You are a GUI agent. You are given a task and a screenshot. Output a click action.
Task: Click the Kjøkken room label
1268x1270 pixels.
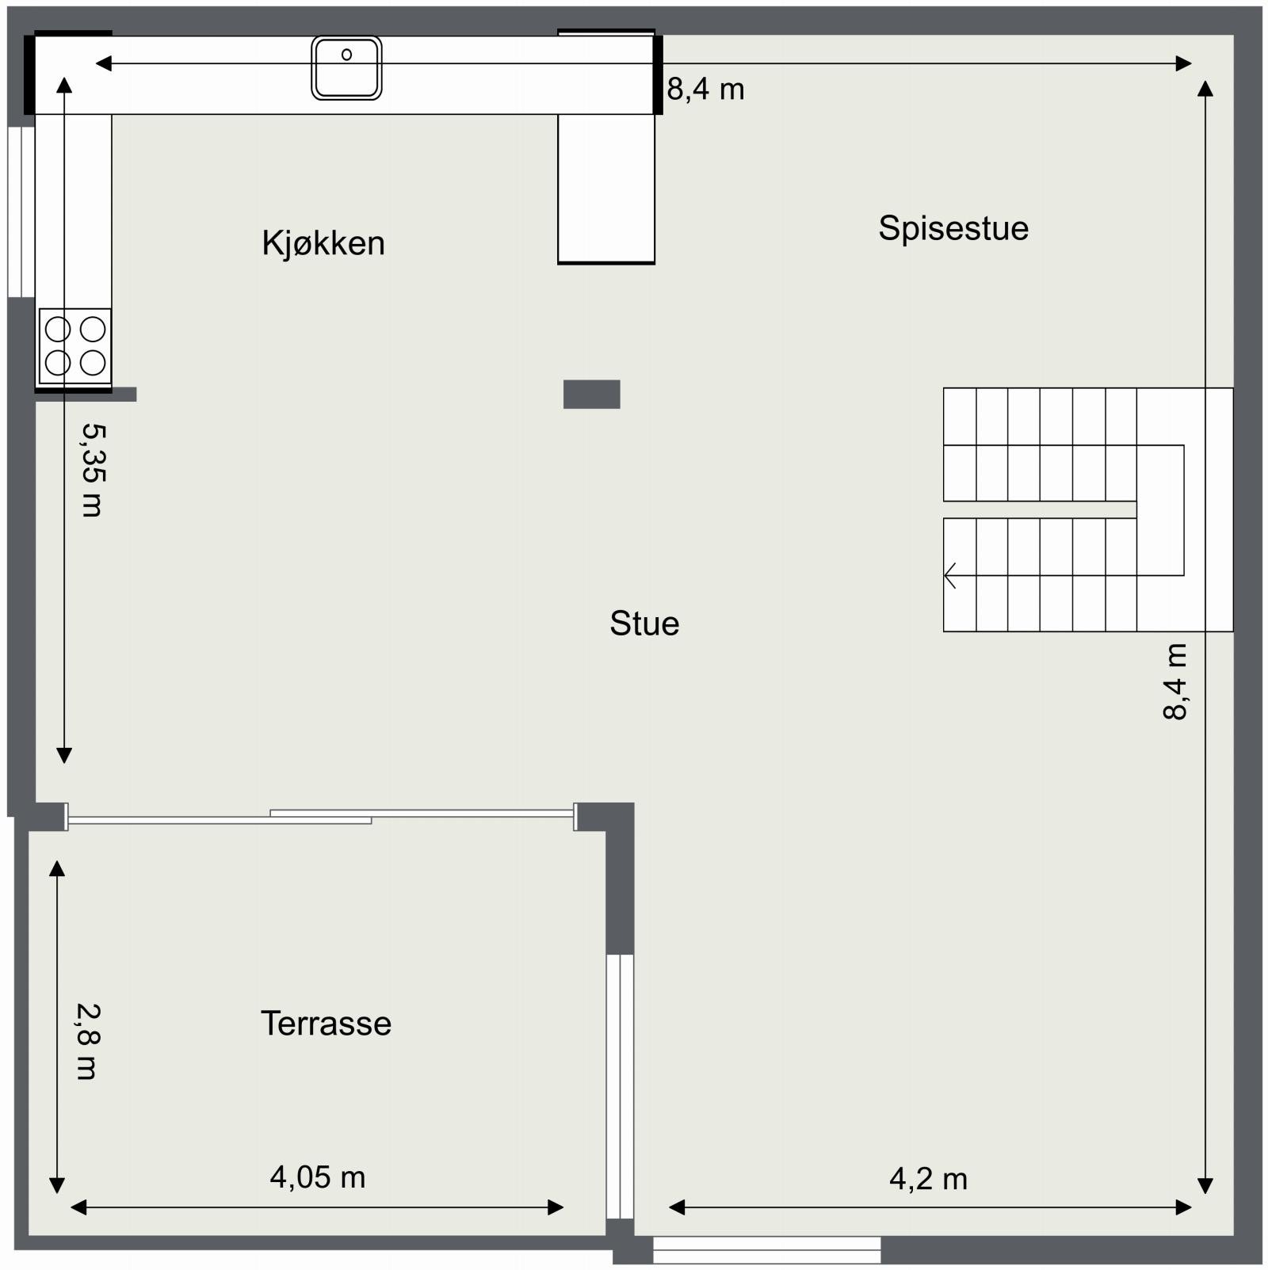click(x=323, y=243)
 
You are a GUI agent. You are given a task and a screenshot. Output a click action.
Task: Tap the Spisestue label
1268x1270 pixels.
click(x=953, y=228)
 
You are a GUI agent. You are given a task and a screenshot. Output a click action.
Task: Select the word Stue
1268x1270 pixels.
click(x=644, y=624)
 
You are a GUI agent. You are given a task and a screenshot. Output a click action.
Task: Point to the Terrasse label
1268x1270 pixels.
click(x=326, y=1024)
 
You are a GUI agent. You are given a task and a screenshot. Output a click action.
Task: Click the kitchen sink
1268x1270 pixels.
click(x=346, y=68)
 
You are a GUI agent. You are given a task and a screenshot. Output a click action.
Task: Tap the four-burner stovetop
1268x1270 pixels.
click(x=75, y=346)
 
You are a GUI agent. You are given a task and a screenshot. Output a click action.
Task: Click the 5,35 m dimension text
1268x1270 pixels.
click(x=93, y=470)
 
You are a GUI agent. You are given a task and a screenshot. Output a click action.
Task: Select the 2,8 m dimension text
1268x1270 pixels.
click(x=87, y=1041)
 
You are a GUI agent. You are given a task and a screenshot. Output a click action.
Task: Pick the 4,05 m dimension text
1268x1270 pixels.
click(x=317, y=1177)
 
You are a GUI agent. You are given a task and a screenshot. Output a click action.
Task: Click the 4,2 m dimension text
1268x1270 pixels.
click(x=928, y=1180)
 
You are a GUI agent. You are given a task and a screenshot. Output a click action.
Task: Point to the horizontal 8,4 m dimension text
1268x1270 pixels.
click(x=705, y=90)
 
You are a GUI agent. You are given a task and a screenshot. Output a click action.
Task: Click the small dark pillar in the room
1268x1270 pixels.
click(x=591, y=394)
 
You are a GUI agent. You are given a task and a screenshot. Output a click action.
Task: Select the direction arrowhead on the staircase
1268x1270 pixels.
click(x=950, y=575)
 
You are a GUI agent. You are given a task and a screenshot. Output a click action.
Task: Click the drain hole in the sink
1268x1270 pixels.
click(x=346, y=55)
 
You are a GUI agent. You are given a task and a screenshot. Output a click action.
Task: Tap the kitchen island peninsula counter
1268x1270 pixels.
click(x=606, y=189)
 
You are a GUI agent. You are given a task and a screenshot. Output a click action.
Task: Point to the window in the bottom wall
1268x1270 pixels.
click(x=766, y=1250)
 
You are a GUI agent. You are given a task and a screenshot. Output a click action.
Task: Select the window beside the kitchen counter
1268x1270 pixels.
click(x=21, y=212)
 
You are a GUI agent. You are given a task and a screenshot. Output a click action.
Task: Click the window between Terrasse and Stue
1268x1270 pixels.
click(x=620, y=1086)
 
